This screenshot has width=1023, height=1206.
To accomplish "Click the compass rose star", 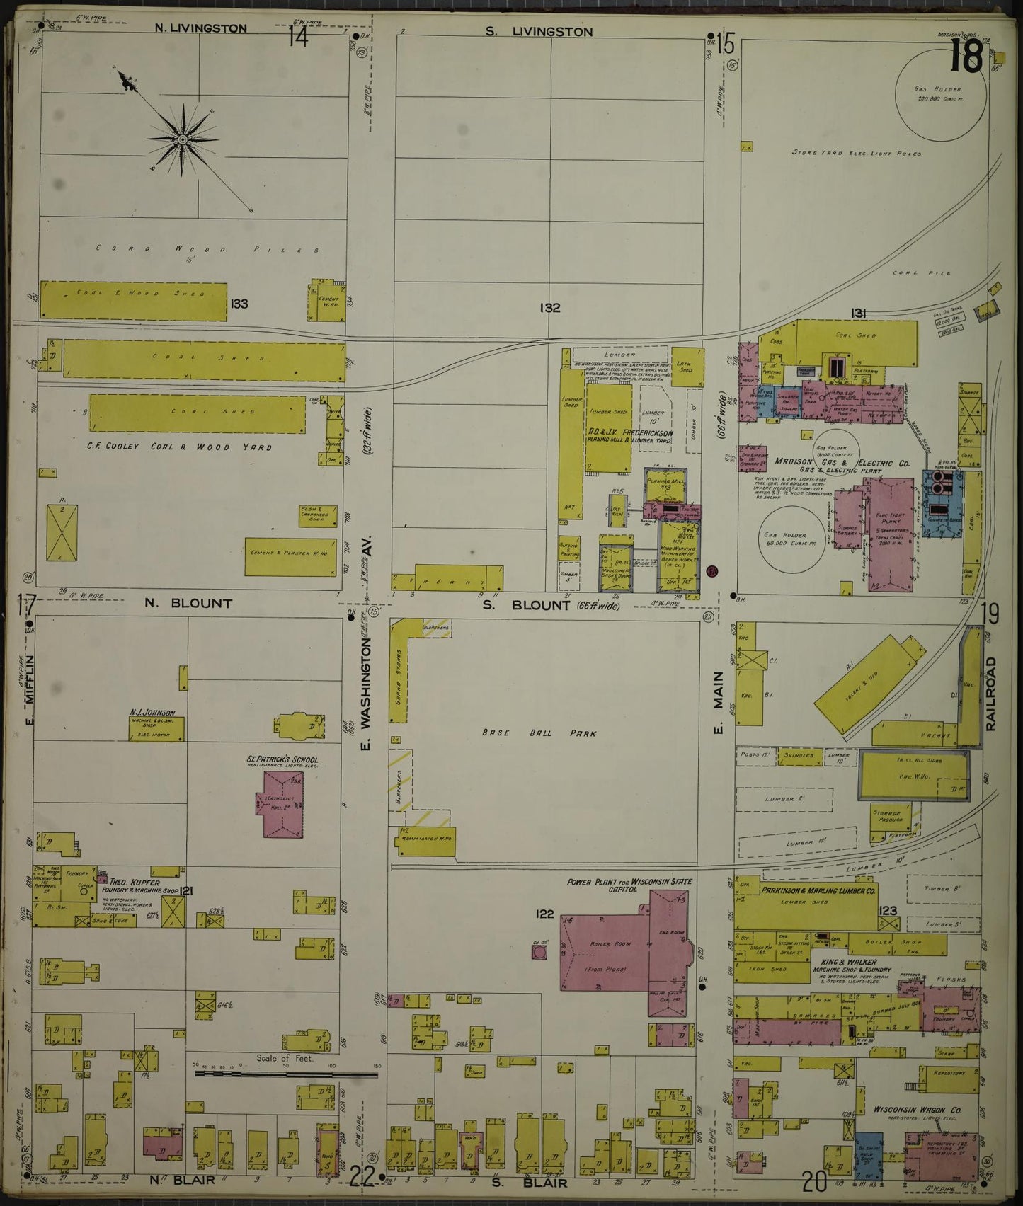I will pos(183,140).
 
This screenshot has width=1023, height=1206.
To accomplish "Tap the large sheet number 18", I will pos(965,56).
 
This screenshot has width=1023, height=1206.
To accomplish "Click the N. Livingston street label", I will pos(201,28).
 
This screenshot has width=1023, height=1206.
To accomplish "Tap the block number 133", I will pos(239,304).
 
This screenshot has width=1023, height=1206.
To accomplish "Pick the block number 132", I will pos(549,308).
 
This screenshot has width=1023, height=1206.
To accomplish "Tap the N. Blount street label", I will pos(188,604).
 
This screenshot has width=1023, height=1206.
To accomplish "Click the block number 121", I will pos(187,891).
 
